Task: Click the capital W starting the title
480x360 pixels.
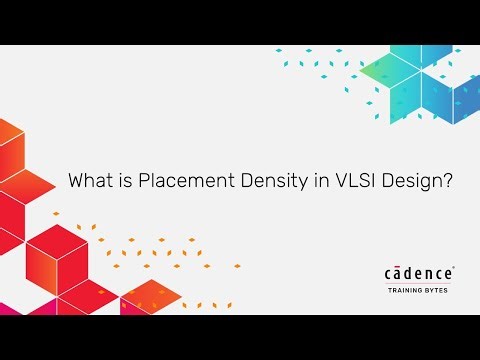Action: point(75,182)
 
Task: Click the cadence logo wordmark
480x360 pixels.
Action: point(418,274)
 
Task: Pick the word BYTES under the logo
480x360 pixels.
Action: point(441,293)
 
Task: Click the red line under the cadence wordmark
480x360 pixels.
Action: point(420,284)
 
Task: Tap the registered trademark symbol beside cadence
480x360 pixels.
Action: point(455,268)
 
